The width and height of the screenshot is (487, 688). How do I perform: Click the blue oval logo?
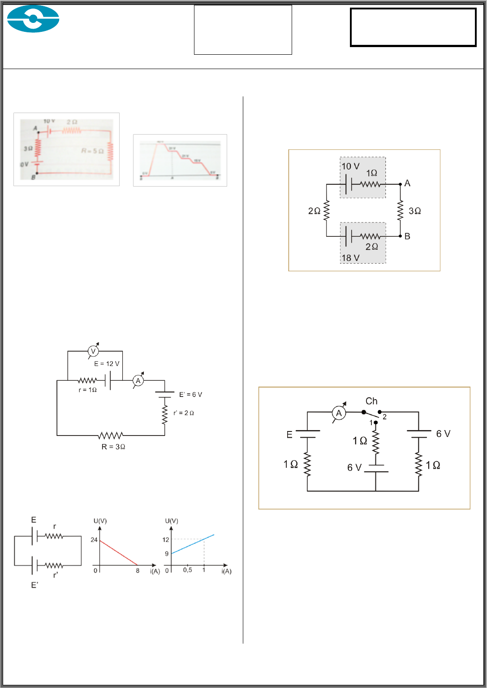33,19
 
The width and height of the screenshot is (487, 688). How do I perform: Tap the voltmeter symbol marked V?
94,351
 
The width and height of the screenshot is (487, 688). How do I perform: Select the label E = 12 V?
107,364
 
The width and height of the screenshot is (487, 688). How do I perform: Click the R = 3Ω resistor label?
113,447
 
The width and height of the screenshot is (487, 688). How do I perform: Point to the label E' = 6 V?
190,395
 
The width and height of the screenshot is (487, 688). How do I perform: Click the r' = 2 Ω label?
184,413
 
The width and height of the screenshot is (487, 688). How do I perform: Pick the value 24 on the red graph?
94,540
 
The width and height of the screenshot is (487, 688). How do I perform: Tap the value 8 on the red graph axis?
138,571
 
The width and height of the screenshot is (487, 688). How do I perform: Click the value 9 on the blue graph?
167,554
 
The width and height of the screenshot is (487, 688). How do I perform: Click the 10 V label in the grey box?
350,166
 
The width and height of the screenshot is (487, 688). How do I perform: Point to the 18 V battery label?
350,258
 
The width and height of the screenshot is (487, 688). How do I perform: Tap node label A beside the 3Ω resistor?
407,183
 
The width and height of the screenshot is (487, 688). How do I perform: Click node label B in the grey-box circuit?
407,236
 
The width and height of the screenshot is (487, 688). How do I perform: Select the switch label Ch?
371,401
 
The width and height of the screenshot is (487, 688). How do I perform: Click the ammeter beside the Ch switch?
339,414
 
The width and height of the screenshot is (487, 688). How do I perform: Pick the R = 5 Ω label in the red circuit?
92,151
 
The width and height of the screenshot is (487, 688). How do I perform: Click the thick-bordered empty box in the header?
413,27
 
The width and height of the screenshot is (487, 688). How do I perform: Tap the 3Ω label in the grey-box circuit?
415,211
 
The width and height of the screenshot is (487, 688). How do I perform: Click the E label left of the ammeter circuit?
289,434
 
